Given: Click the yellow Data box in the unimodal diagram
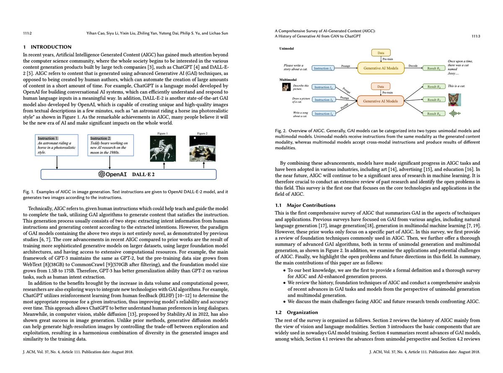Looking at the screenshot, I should point(381,53).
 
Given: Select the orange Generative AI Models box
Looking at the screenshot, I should point(381,101).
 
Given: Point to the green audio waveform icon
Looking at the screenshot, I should point(455,114).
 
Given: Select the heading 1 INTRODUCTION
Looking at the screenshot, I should point(47,47).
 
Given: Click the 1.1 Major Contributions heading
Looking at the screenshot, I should point(305,205).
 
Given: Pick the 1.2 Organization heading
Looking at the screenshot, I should point(297,312).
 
